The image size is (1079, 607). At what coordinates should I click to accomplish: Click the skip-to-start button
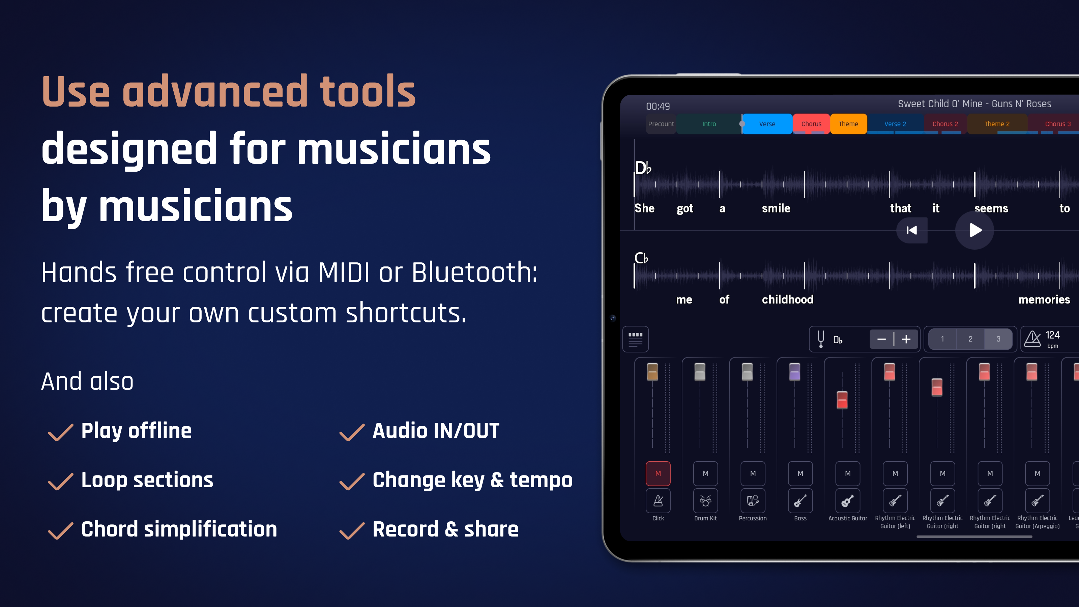pyautogui.click(x=911, y=230)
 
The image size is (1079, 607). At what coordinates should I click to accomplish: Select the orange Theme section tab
pyautogui.click(x=848, y=124)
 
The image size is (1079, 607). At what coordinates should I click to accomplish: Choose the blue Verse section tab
pyautogui.click(x=767, y=124)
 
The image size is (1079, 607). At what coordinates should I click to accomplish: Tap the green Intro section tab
pyautogui.click(x=709, y=124)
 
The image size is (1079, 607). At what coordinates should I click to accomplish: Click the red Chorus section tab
pyautogui.click(x=811, y=124)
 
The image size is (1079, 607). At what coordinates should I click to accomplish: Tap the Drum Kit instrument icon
pyautogui.click(x=705, y=500)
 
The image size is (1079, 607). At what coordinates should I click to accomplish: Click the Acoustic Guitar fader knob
pyautogui.click(x=842, y=400)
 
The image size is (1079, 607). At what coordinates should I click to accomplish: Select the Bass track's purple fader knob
pyautogui.click(x=795, y=372)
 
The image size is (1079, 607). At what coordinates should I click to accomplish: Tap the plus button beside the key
pyautogui.click(x=906, y=339)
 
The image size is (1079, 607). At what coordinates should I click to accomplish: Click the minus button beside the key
pyautogui.click(x=881, y=339)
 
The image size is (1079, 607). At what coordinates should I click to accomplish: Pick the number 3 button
pyautogui.click(x=998, y=339)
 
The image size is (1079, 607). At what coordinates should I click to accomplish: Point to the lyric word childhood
pyautogui.click(x=787, y=299)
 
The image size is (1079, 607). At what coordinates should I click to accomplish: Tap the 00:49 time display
pyautogui.click(x=658, y=107)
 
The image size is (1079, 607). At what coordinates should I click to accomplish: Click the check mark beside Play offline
pyautogui.click(x=61, y=432)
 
